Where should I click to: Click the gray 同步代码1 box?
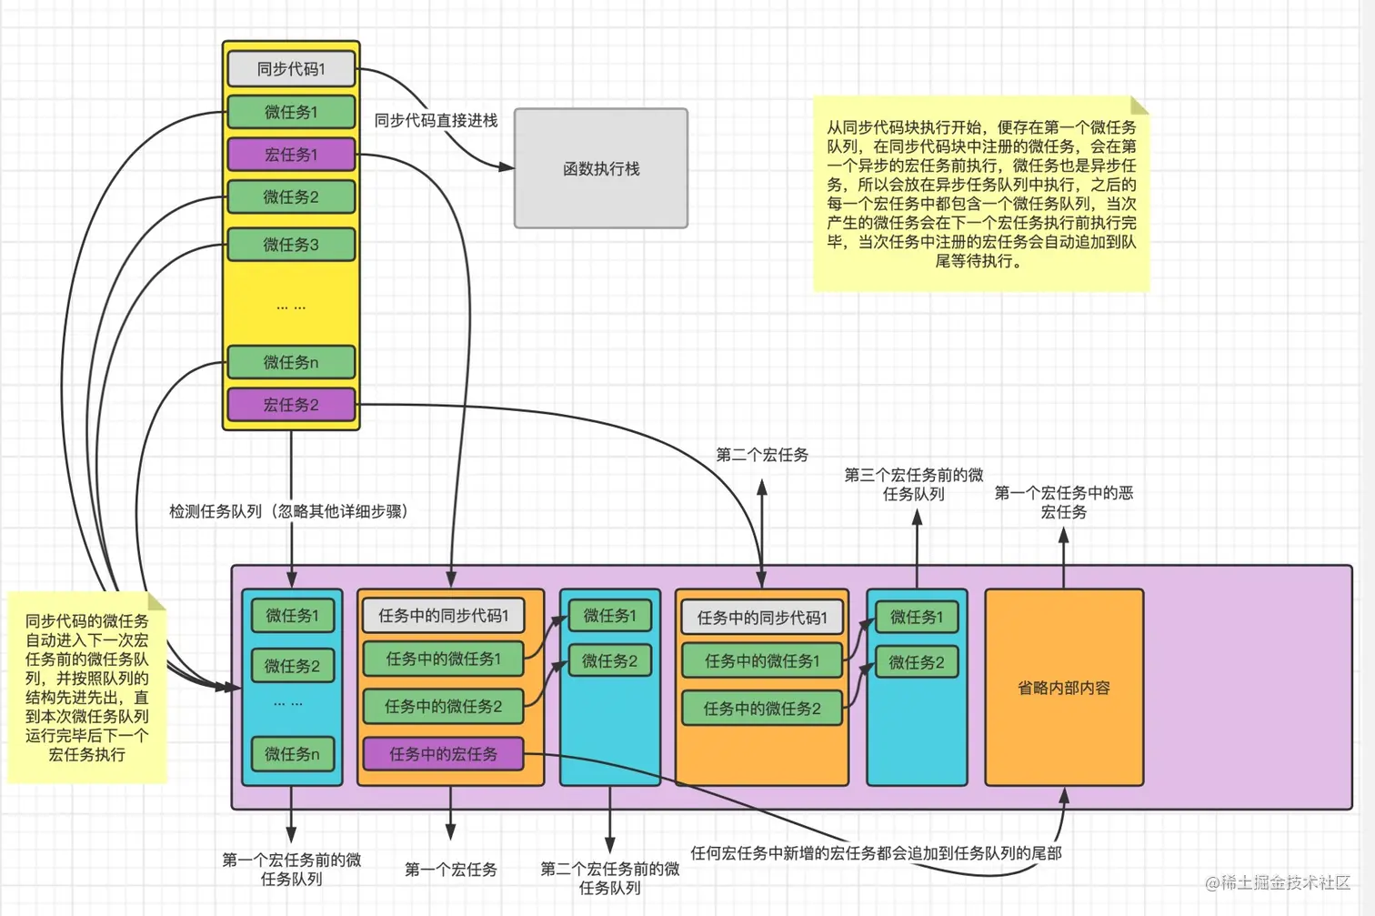[x=290, y=69]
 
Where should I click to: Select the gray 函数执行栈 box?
[x=601, y=168]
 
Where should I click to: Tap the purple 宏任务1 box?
[x=290, y=155]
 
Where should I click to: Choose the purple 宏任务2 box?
[x=290, y=405]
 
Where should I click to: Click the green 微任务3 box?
[x=290, y=245]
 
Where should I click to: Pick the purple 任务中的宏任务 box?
[x=443, y=754]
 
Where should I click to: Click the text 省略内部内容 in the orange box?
[x=1063, y=688]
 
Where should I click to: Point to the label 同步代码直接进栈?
[x=436, y=120]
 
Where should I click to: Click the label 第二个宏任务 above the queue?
[x=761, y=455]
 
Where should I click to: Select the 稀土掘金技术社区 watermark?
[x=1278, y=882]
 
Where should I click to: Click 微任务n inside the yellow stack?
[x=290, y=362]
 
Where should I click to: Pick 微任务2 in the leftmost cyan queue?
[x=292, y=666]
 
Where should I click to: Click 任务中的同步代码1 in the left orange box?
[x=443, y=616]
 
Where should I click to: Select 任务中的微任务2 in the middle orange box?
[x=761, y=709]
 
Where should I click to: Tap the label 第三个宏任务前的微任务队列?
[x=913, y=484]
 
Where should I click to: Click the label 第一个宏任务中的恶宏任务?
[x=1063, y=502]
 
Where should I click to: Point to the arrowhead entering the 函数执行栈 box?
[x=507, y=166]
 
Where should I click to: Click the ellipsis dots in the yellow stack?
[x=290, y=307]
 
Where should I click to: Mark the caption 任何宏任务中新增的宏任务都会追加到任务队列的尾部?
[x=876, y=853]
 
